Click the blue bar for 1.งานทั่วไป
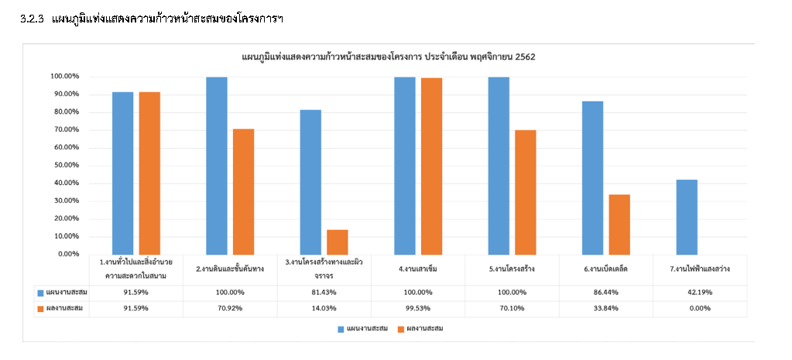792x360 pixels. coord(122,173)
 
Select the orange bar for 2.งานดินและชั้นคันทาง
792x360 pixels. coord(243,191)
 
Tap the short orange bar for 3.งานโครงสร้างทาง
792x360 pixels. coord(338,242)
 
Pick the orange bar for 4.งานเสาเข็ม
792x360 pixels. coord(431,166)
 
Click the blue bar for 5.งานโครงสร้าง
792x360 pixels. coord(499,165)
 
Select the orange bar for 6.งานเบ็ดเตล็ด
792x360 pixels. coord(619,224)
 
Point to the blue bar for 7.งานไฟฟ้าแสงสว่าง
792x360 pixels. coord(687,217)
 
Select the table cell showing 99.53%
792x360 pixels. coord(419,308)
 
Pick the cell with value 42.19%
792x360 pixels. coord(700,293)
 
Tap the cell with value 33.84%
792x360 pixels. coord(606,308)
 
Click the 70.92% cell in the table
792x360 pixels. coord(230,308)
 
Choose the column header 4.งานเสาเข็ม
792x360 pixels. coord(419,269)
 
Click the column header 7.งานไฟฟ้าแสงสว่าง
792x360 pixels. coord(700,269)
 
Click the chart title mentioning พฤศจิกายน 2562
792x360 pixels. coord(389,57)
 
